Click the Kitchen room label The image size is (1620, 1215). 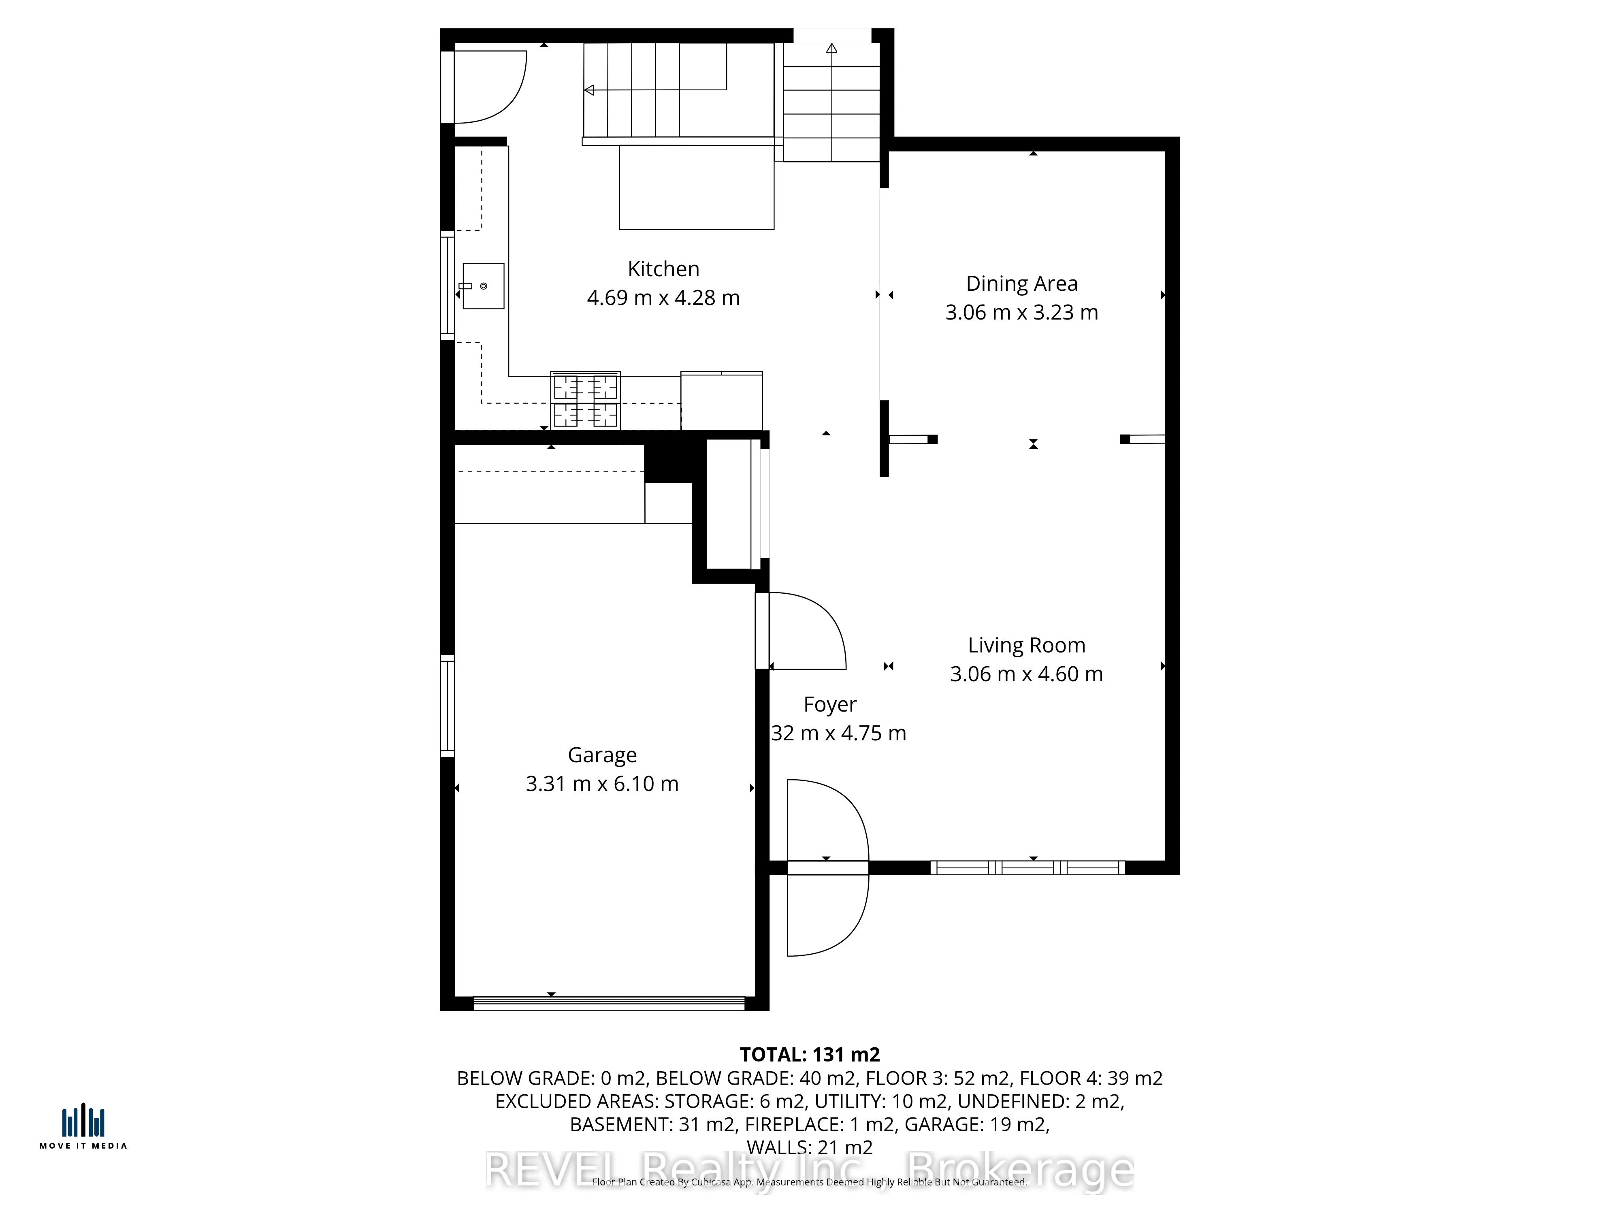pos(663,269)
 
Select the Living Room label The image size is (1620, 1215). pos(1026,645)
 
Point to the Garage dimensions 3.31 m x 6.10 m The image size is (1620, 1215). pos(602,784)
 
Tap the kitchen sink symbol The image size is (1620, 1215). pos(483,286)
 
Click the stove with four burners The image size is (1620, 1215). pos(585,401)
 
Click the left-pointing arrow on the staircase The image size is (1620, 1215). pos(589,90)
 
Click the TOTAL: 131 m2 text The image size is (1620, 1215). pos(809,1055)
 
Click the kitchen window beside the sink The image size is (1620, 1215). pos(447,286)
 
